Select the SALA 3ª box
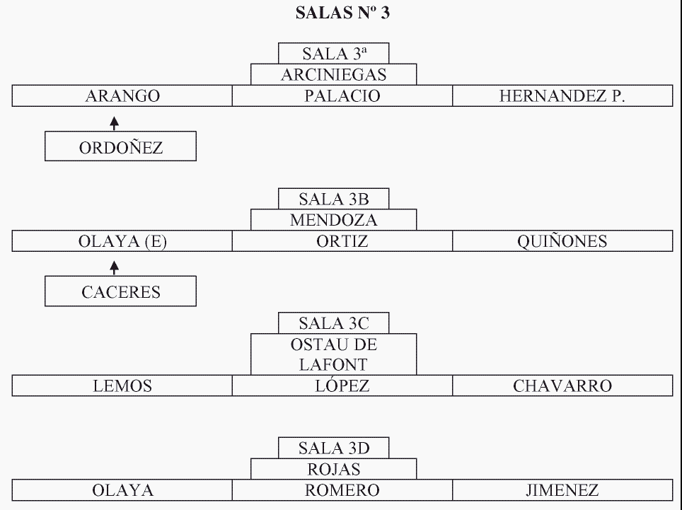333,54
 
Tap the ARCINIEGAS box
333,75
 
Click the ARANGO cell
122,96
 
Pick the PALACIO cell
342,96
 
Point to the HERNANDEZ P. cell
562,96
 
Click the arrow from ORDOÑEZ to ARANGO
115,124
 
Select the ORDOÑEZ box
120,147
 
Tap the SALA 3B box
333,199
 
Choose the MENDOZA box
333,220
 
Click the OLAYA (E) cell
122,242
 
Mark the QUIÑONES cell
562,242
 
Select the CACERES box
120,291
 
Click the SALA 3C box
333,324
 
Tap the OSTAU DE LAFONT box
333,354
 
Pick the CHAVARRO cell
562,386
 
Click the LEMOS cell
122,386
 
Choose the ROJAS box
333,469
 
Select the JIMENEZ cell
562,490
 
